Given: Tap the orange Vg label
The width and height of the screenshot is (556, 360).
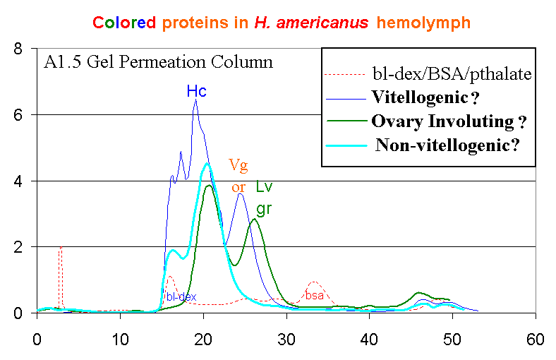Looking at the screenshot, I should click(x=238, y=164).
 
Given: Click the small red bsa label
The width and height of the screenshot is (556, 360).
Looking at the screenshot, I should click(x=315, y=296).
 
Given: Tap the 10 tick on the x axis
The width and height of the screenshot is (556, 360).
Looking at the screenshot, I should click(x=120, y=339).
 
